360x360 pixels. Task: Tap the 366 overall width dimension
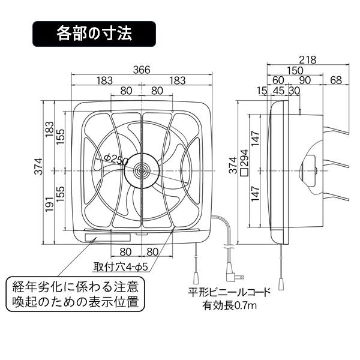(x=142, y=70)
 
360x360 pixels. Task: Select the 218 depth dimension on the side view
(x=308, y=59)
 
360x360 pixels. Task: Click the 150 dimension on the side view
(x=295, y=70)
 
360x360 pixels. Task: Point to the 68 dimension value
(x=336, y=80)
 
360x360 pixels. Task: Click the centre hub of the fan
(x=142, y=170)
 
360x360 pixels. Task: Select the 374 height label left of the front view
(x=38, y=170)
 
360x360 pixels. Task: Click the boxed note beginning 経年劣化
(x=75, y=292)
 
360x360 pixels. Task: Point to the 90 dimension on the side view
(x=304, y=80)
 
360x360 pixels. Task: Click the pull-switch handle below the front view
(x=196, y=278)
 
